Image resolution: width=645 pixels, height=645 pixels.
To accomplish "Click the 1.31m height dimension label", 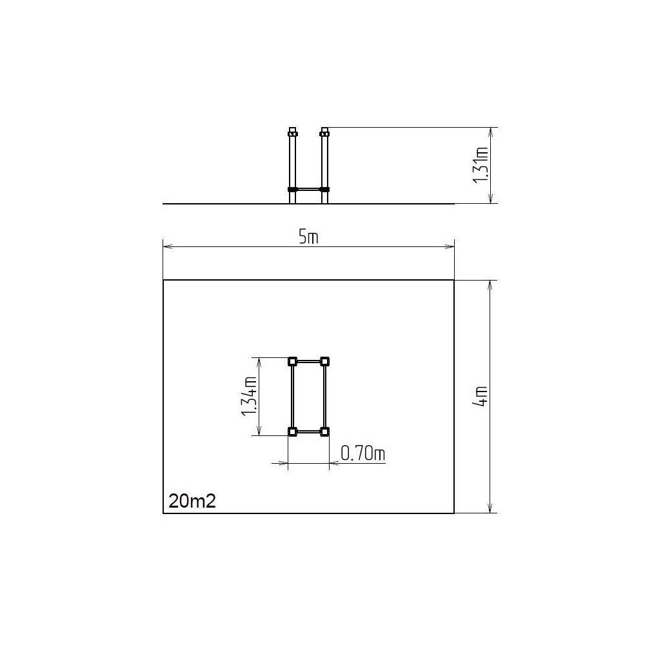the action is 481,165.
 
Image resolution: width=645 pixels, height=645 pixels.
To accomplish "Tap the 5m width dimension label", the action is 308,237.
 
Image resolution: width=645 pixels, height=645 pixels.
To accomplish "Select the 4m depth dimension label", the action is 481,397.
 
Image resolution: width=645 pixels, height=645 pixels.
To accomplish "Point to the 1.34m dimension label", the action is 250,396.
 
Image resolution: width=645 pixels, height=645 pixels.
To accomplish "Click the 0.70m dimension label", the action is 362,453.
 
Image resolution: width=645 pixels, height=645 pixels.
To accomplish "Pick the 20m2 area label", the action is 192,501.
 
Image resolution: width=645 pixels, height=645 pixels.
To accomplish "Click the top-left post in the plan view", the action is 292,362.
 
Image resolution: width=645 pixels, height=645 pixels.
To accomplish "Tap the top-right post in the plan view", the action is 324,362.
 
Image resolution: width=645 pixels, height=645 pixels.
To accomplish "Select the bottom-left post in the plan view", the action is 292,432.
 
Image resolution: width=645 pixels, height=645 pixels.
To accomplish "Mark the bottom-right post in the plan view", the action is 324,432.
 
